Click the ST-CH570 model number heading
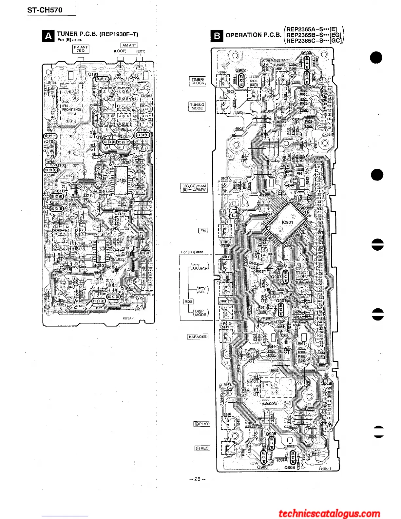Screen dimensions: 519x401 (x=45, y=10)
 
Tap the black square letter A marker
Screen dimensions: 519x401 (x=48, y=36)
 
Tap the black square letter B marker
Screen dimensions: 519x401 (x=217, y=36)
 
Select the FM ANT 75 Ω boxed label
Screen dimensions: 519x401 (x=81, y=49)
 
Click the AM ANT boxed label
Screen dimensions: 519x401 (x=129, y=45)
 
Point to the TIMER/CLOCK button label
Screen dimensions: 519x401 (x=198, y=81)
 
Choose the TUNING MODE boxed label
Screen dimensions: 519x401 (x=197, y=106)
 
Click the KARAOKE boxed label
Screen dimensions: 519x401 (x=198, y=336)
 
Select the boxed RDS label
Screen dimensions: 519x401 (x=188, y=301)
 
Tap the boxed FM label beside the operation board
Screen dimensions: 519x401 (x=203, y=231)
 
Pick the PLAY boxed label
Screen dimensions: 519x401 (x=202, y=424)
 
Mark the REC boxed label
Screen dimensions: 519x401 (x=202, y=448)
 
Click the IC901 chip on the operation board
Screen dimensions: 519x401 (x=287, y=222)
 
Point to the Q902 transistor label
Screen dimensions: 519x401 (x=240, y=70)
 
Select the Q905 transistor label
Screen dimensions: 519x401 (x=271, y=433)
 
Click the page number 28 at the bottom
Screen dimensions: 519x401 (x=197, y=479)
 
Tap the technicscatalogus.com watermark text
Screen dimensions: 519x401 (x=329, y=513)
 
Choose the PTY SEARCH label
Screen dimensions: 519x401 (x=200, y=267)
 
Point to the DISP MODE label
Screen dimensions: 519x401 (x=200, y=313)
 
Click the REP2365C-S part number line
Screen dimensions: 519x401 (x=314, y=41)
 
